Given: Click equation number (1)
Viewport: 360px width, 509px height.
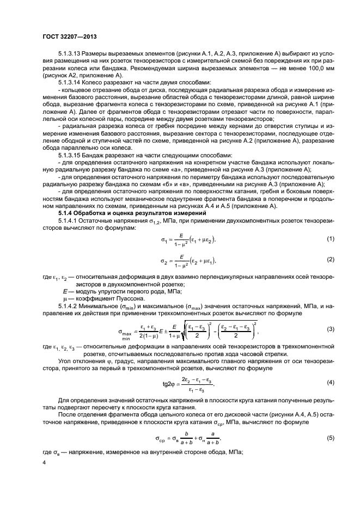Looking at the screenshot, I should pyautogui.click(x=330, y=239).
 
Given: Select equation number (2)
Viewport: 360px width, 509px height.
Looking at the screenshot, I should pyautogui.click(x=330, y=260).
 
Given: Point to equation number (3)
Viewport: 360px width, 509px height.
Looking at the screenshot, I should pyautogui.click(x=330, y=328).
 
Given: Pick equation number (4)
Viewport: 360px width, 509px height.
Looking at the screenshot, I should pyautogui.click(x=330, y=382).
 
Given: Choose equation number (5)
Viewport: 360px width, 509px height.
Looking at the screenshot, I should pyautogui.click(x=330, y=437).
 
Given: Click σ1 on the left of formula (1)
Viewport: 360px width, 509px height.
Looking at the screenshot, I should pyautogui.click(x=163, y=240).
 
